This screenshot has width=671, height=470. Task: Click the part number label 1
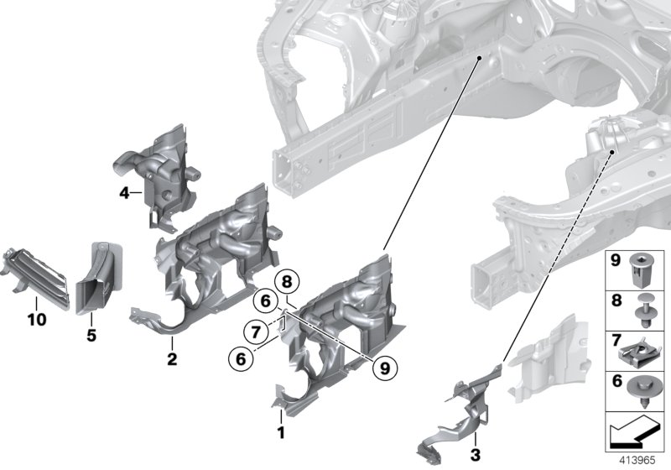282,433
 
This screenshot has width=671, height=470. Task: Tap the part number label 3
475,455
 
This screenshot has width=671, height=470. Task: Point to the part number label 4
124,194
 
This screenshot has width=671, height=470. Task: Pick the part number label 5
91,336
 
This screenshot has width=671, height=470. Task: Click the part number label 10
36,320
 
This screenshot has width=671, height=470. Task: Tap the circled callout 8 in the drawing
287,282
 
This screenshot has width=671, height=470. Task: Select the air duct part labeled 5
99,277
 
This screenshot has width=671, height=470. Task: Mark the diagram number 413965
638,461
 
